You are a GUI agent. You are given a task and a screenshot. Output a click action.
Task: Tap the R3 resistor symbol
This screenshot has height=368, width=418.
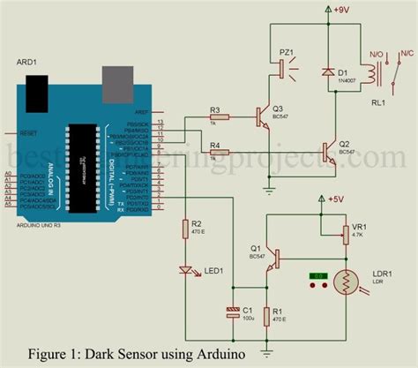tap(220, 116)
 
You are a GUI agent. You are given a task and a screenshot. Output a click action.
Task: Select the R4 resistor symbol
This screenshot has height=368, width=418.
tap(220, 152)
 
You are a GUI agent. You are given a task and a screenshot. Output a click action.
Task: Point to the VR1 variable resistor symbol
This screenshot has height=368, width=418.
tap(346, 232)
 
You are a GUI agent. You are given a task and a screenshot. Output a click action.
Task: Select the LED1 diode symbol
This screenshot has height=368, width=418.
tap(186, 271)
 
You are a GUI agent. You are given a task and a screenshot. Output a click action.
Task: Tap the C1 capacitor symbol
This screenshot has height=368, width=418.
tap(232, 312)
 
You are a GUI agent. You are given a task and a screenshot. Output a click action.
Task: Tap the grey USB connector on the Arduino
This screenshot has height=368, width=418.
tap(116, 84)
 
